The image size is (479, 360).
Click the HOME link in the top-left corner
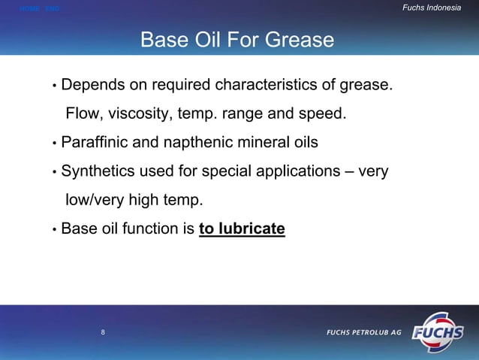(x=29, y=8)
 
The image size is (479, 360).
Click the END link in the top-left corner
(x=52, y=8)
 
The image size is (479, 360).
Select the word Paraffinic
(x=94, y=142)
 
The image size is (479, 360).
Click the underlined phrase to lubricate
(x=242, y=228)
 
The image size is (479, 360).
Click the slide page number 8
(x=103, y=331)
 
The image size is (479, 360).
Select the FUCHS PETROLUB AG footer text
(x=363, y=332)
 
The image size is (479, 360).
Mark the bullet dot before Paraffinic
(x=55, y=144)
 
